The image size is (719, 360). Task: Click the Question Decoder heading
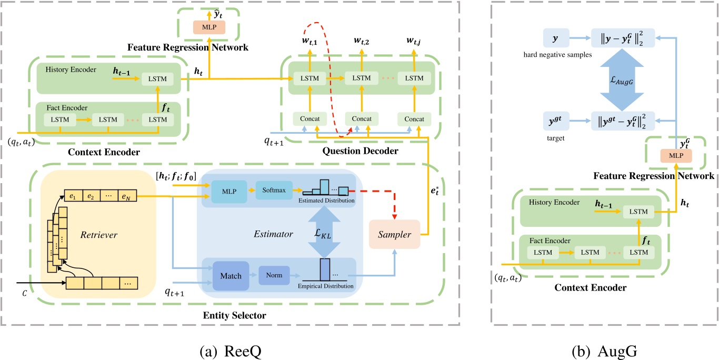click(361, 151)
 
